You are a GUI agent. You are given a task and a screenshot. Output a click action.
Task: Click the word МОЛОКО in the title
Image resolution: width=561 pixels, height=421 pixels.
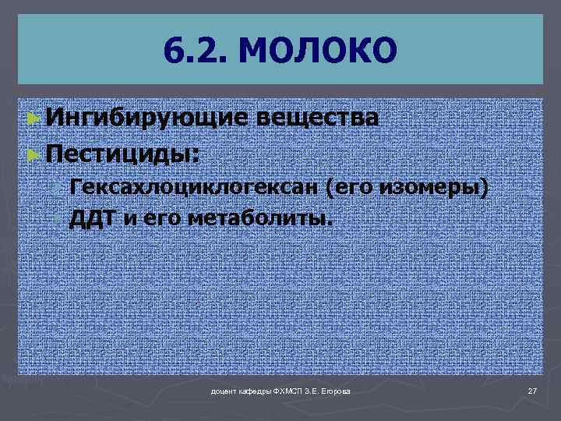point(319,51)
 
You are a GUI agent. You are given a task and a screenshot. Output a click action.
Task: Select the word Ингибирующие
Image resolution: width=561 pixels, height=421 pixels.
point(146,118)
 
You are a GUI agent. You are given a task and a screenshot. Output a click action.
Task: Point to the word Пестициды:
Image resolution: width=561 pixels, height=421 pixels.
point(122,153)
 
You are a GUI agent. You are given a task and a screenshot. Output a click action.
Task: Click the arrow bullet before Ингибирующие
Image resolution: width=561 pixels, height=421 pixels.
point(32,119)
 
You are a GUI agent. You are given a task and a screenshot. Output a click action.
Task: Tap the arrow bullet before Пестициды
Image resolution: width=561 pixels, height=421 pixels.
point(32,154)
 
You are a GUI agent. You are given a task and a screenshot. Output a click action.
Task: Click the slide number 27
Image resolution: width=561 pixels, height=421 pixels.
point(533,390)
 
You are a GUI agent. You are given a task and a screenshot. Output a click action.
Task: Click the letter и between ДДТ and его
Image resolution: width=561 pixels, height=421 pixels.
point(128,218)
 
